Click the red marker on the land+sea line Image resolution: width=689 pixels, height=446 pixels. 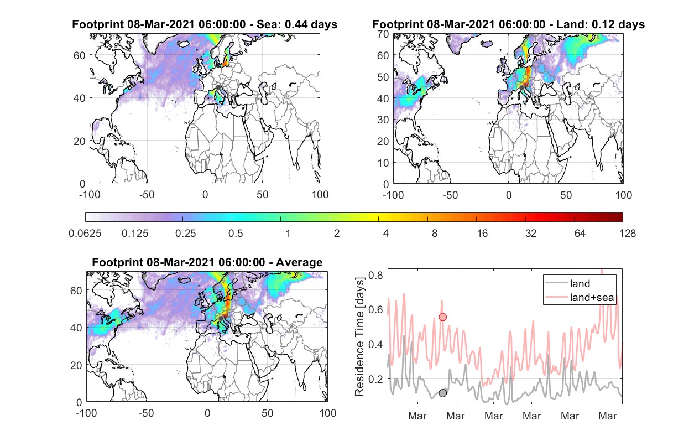pyautogui.click(x=442, y=317)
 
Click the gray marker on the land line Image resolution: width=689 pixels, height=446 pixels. pyautogui.click(x=442, y=393)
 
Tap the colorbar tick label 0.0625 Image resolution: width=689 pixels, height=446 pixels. pyautogui.click(x=85, y=234)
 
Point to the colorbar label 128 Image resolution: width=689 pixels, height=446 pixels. pyautogui.click(x=627, y=234)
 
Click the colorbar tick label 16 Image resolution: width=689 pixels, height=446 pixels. pyautogui.click(x=482, y=234)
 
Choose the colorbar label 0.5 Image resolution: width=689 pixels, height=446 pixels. pyautogui.click(x=236, y=234)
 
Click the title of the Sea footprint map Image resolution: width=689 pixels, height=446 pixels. pyautogui.click(x=205, y=24)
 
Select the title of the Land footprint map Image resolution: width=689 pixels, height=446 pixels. pyautogui.click(x=508, y=24)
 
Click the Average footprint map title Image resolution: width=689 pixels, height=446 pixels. pyautogui.click(x=207, y=262)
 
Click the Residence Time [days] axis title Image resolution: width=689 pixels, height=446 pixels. pyautogui.click(x=359, y=337)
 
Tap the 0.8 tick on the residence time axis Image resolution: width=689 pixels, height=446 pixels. pyautogui.click(x=375, y=275)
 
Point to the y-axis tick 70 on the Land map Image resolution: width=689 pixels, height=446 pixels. pyautogui.click(x=383, y=34)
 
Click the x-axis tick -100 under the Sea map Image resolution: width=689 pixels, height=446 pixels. pyautogui.click(x=90, y=195)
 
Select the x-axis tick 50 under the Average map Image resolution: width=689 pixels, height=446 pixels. pyautogui.click(x=267, y=413)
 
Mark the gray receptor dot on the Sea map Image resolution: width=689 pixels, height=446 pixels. pyautogui.click(x=218, y=87)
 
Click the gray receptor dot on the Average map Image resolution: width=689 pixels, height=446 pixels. pyautogui.click(x=221, y=318)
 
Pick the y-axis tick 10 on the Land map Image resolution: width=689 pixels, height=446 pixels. pyautogui.click(x=383, y=163)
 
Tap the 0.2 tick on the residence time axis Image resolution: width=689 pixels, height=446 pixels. pyautogui.click(x=375, y=379)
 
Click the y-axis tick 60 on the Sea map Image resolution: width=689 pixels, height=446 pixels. pyautogui.click(x=79, y=55)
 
